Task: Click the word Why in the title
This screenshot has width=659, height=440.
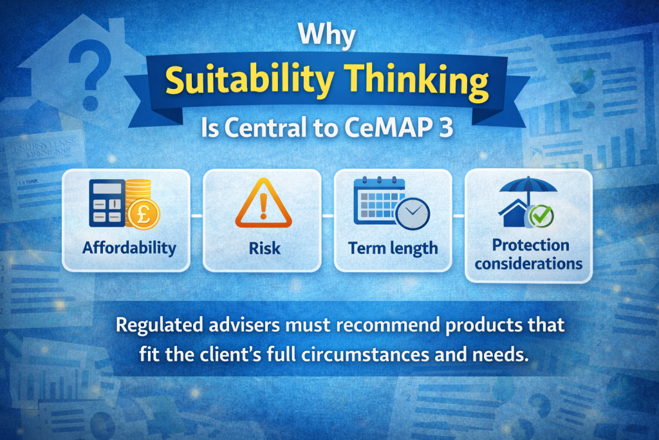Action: click(329, 37)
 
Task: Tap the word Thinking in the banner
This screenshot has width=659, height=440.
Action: click(413, 82)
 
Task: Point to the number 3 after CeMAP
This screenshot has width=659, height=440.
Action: click(445, 129)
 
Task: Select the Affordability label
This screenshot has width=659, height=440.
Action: click(129, 248)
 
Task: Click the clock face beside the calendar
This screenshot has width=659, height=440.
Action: click(412, 215)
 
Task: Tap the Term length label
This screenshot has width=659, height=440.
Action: click(393, 248)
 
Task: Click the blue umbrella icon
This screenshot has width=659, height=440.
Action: click(528, 189)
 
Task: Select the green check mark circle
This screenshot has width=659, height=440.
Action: click(539, 217)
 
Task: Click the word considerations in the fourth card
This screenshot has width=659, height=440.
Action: click(529, 263)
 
